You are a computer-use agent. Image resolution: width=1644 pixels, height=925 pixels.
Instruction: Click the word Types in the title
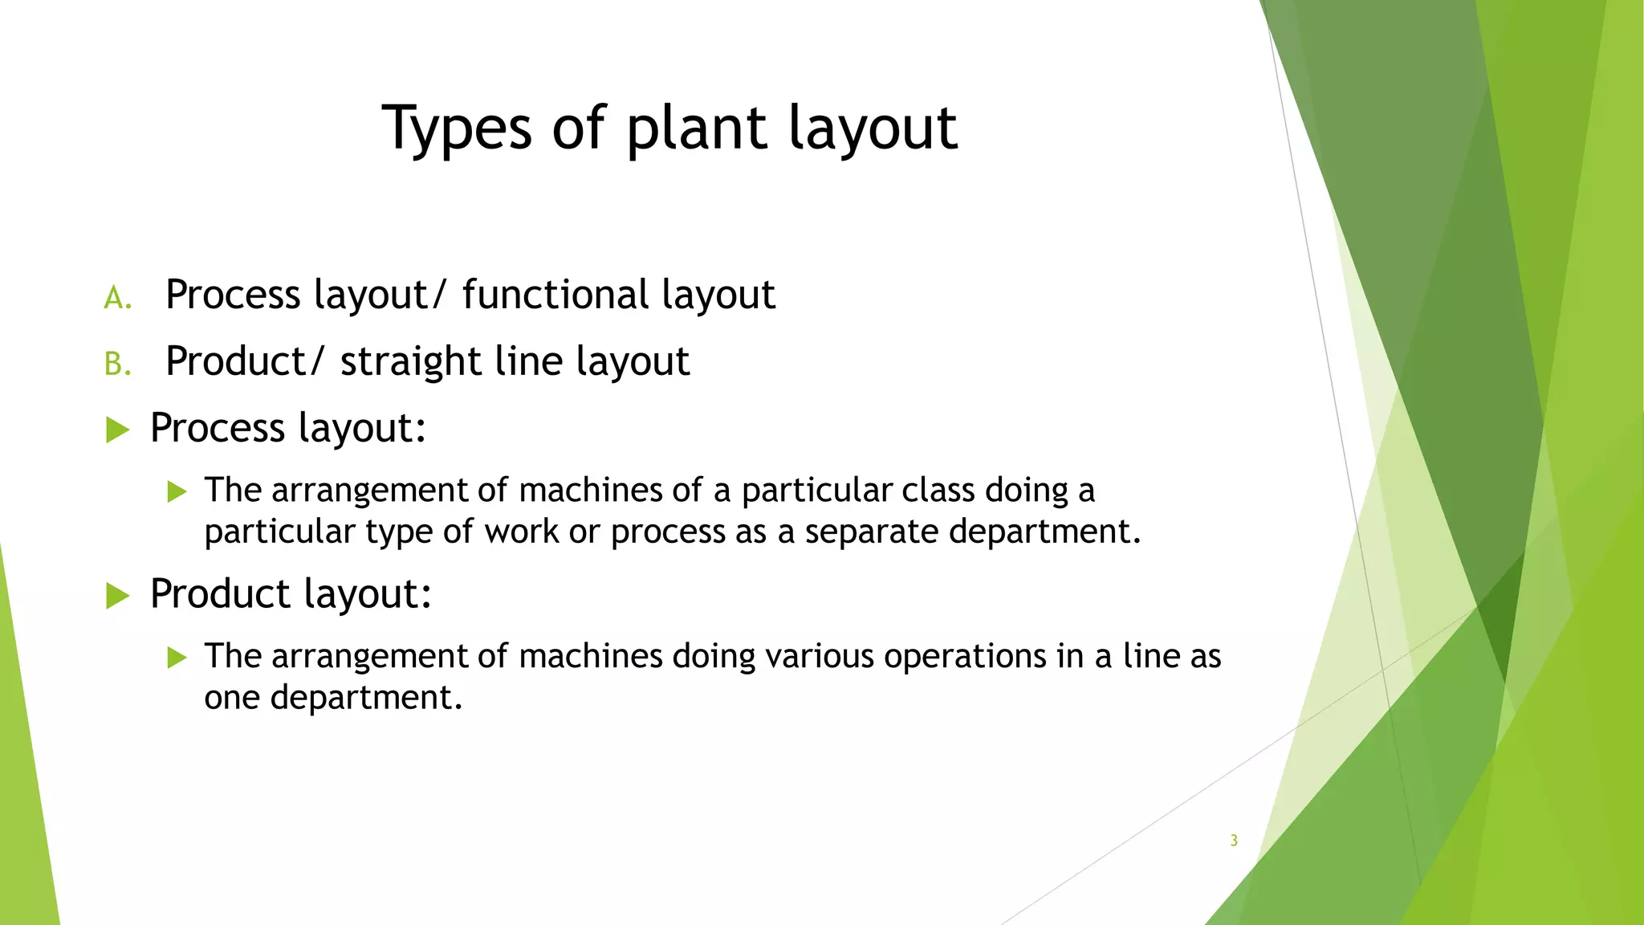tap(456, 128)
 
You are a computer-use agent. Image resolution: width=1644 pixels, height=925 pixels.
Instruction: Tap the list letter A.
tap(117, 298)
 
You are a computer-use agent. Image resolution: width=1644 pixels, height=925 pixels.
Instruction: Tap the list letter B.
tap(117, 365)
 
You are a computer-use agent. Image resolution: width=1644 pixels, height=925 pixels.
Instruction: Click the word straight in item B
tap(410, 361)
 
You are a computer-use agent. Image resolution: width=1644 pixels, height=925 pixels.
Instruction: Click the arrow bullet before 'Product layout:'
tap(118, 596)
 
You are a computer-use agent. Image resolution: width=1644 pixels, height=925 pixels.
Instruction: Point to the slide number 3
tap(1234, 841)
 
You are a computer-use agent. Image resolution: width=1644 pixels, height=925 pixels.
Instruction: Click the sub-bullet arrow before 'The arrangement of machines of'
tap(177, 491)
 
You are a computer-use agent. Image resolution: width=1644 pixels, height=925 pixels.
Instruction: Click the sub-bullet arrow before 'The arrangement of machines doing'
tap(177, 658)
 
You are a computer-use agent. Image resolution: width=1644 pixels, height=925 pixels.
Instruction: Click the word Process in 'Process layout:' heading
tap(218, 428)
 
